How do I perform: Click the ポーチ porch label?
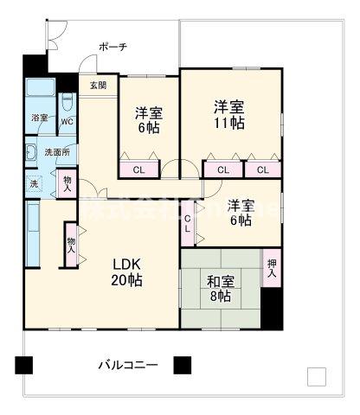(112, 47)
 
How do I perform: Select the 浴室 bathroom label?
(40, 118)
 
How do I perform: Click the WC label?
(67, 122)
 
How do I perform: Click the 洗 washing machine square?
(34, 182)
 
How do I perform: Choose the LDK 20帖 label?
(125, 271)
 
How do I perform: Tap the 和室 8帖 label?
(219, 288)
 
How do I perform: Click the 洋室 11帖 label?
(229, 114)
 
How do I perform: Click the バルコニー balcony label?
(127, 366)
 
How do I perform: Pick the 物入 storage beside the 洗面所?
(68, 182)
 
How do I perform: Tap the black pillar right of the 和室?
(272, 308)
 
